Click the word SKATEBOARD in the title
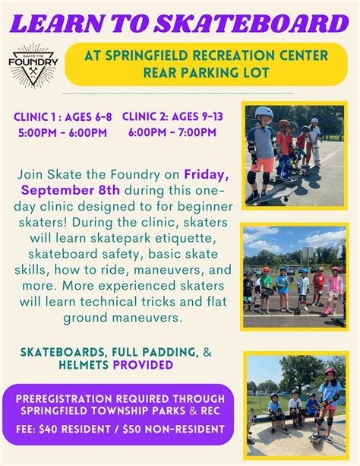point(251,24)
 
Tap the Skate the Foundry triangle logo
point(33,65)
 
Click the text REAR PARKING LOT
point(206,73)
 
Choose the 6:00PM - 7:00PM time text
point(172,132)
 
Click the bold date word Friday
point(207,175)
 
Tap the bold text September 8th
point(71,190)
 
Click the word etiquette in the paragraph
point(184,239)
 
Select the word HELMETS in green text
point(84,365)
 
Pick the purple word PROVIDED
point(143,365)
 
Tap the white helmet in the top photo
point(264,113)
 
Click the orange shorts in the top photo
point(262,165)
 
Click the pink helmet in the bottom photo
point(330,371)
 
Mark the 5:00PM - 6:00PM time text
point(62,132)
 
